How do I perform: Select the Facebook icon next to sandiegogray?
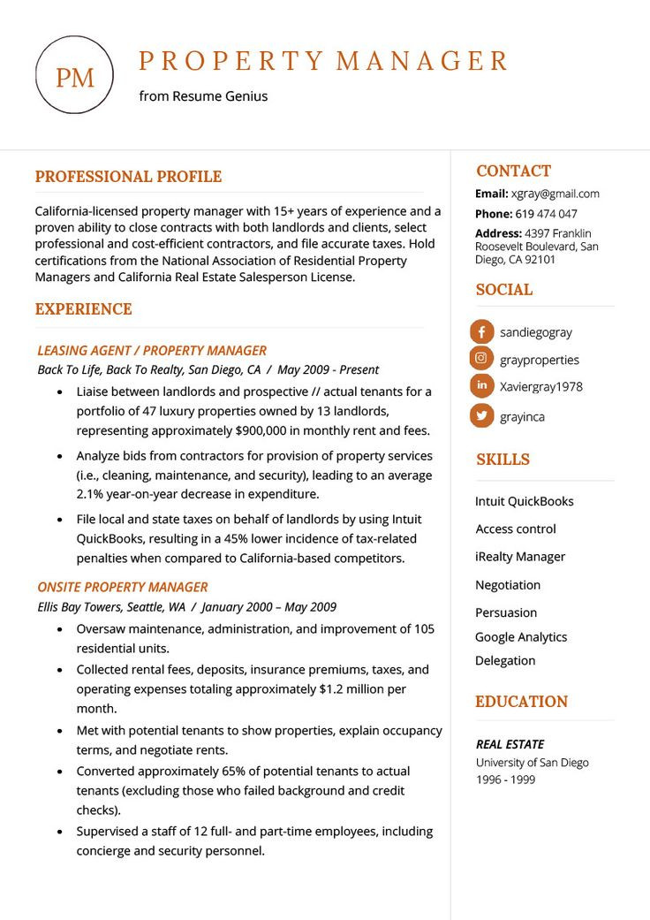[x=481, y=332]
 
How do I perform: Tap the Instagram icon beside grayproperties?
[x=481, y=359]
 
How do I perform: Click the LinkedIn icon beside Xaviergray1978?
[x=481, y=386]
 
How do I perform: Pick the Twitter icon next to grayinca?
[x=481, y=415]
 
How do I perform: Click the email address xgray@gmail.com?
[x=556, y=194]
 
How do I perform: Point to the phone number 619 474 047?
[x=547, y=214]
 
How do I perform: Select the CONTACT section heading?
[x=513, y=171]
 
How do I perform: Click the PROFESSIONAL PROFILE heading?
[x=128, y=177]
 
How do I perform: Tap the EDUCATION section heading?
[x=521, y=702]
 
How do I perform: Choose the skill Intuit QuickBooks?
[x=525, y=501]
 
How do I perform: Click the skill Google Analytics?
[x=521, y=636]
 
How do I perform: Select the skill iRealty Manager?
[x=520, y=557]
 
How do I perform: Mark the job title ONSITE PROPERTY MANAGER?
[x=123, y=587]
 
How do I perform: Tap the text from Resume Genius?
[x=203, y=96]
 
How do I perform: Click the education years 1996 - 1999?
[x=505, y=779]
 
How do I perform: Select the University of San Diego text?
[x=532, y=762]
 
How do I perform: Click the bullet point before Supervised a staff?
[x=59, y=832]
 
